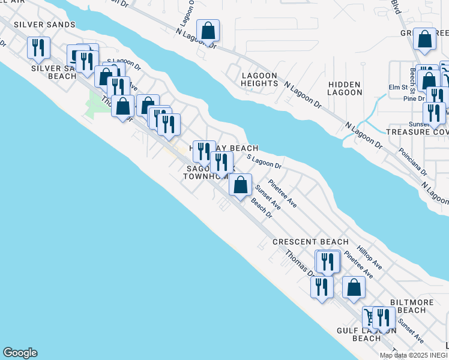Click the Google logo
[20, 353]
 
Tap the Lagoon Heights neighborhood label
[259, 79]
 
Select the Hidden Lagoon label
[345, 88]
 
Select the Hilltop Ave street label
[369, 256]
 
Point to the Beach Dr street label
[262, 209]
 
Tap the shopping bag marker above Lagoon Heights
[208, 31]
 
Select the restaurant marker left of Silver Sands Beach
[40, 49]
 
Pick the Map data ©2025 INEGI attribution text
[414, 355]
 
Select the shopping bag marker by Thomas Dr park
[123, 107]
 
